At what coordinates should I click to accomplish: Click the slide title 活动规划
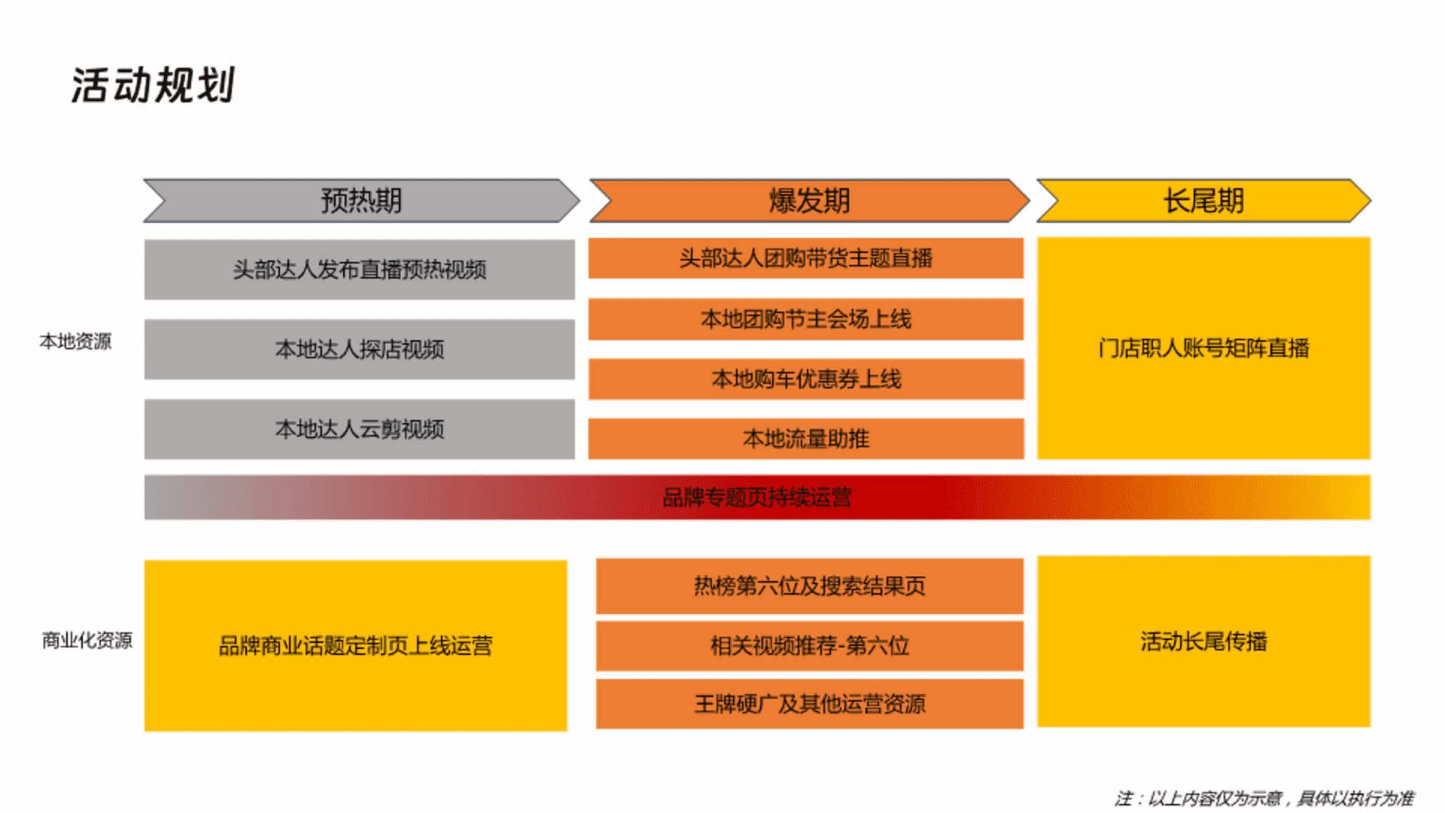tap(154, 84)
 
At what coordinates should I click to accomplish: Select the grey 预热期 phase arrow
tap(361, 200)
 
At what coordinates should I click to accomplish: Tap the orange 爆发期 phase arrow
tap(809, 200)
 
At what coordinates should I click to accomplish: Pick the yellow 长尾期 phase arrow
tap(1203, 200)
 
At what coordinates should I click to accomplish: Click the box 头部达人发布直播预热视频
tap(360, 269)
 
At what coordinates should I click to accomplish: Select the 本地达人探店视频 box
tap(360, 349)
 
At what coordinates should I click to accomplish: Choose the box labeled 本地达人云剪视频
tap(360, 429)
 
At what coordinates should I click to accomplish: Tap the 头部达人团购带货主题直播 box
tap(806, 258)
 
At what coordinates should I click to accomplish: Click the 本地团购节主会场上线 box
tap(806, 319)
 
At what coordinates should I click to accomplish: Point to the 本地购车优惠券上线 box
tap(806, 379)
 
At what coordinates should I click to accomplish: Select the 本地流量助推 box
tap(806, 438)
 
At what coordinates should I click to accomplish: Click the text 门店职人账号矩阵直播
tap(1203, 348)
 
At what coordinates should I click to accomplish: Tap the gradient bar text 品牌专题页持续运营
tap(757, 497)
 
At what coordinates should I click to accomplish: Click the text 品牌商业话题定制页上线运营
tap(355, 645)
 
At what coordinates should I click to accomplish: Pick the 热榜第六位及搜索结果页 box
tap(810, 586)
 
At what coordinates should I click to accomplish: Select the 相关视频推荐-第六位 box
tap(810, 645)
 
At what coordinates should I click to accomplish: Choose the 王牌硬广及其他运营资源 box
tap(810, 704)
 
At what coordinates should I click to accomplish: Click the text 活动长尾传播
tap(1203, 641)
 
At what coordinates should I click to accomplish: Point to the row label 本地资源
tap(75, 342)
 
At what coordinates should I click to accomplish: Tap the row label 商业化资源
tap(87, 641)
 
